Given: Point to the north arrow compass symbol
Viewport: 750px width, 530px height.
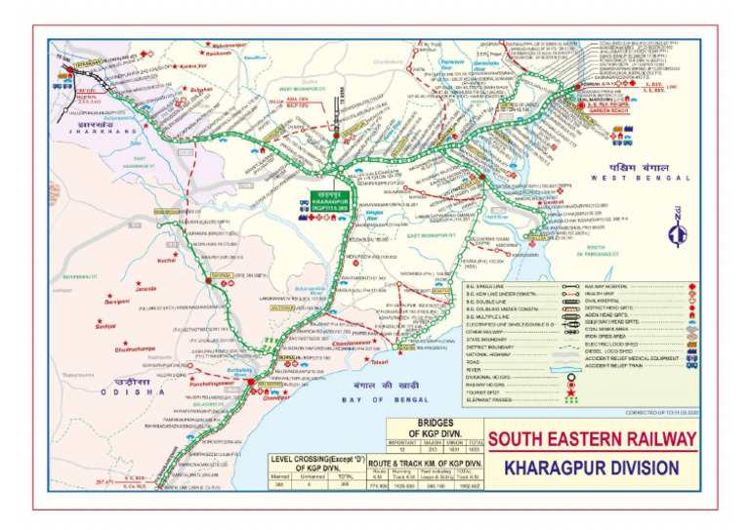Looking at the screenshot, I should (678, 234).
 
